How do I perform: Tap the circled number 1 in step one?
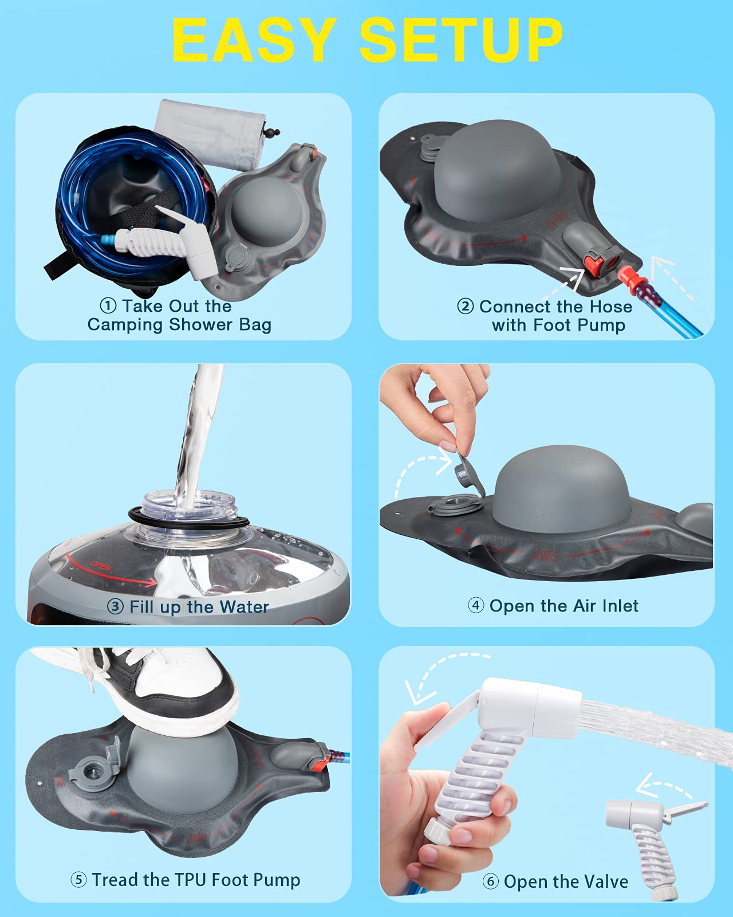point(108,305)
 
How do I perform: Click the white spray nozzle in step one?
point(172,244)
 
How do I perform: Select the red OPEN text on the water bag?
point(101,566)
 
